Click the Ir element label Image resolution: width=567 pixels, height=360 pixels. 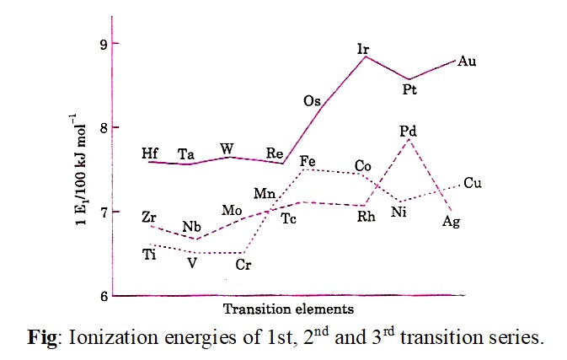(x=363, y=50)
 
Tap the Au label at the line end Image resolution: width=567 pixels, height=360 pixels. (x=468, y=62)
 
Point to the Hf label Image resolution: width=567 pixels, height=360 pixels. (x=150, y=153)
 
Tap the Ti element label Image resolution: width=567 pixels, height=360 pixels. (x=149, y=255)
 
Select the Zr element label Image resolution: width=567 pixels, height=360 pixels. (x=150, y=218)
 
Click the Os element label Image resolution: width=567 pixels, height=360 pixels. (x=313, y=102)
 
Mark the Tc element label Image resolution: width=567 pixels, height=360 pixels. (x=288, y=218)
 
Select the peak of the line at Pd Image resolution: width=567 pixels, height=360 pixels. (x=409, y=139)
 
